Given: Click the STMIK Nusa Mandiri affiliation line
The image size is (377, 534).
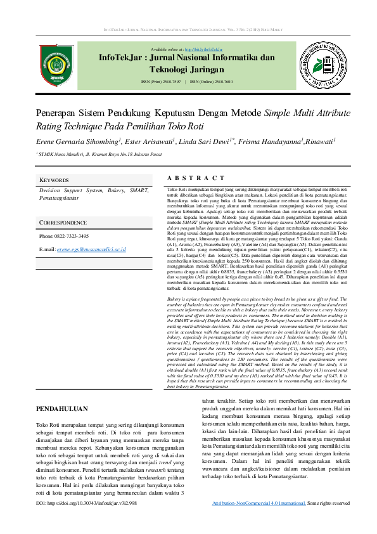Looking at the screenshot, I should point(95,154).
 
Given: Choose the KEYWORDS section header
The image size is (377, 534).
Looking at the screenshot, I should point(54,180).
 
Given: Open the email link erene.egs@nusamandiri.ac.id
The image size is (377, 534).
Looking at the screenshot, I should point(92,250).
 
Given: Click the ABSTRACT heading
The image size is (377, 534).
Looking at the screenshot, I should point(196,179).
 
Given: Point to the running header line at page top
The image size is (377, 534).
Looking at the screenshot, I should point(188,30).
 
